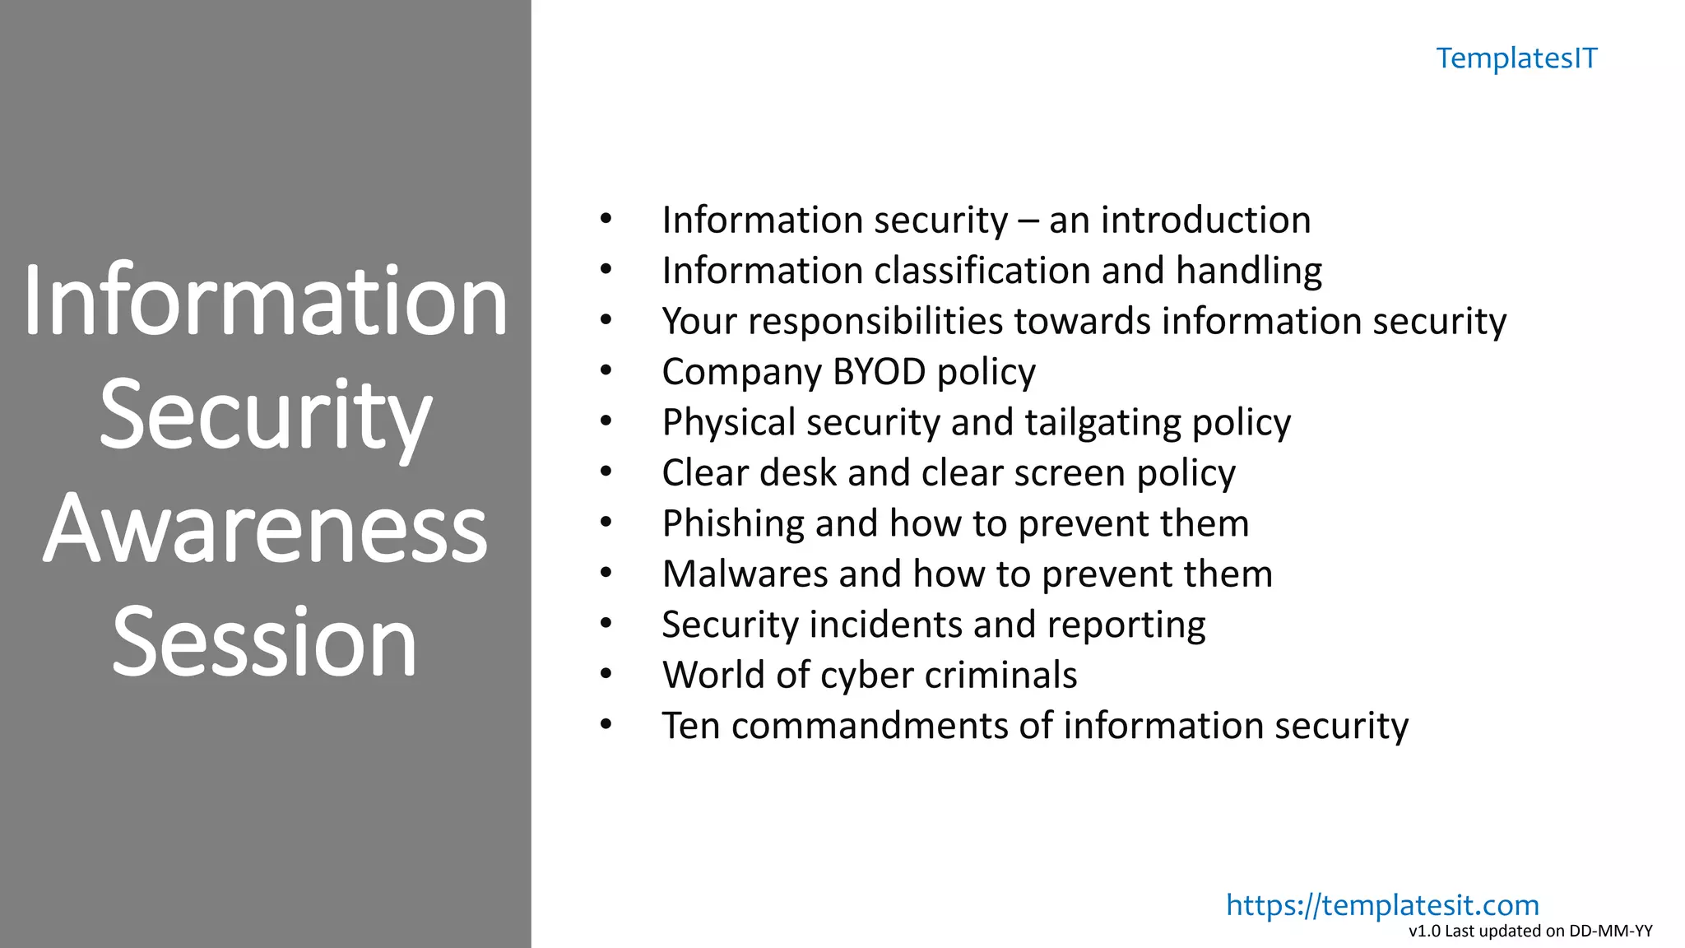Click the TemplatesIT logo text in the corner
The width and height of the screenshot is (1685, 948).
point(1516,58)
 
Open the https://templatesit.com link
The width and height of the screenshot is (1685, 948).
point(1382,904)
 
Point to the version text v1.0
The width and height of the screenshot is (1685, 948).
point(1424,932)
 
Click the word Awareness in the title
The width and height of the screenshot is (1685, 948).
point(265,528)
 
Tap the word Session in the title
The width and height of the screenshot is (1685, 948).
point(265,642)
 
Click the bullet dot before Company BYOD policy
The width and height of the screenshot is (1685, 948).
point(606,371)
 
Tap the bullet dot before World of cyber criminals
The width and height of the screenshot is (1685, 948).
point(606,675)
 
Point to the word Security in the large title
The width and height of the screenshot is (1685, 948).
point(265,415)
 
